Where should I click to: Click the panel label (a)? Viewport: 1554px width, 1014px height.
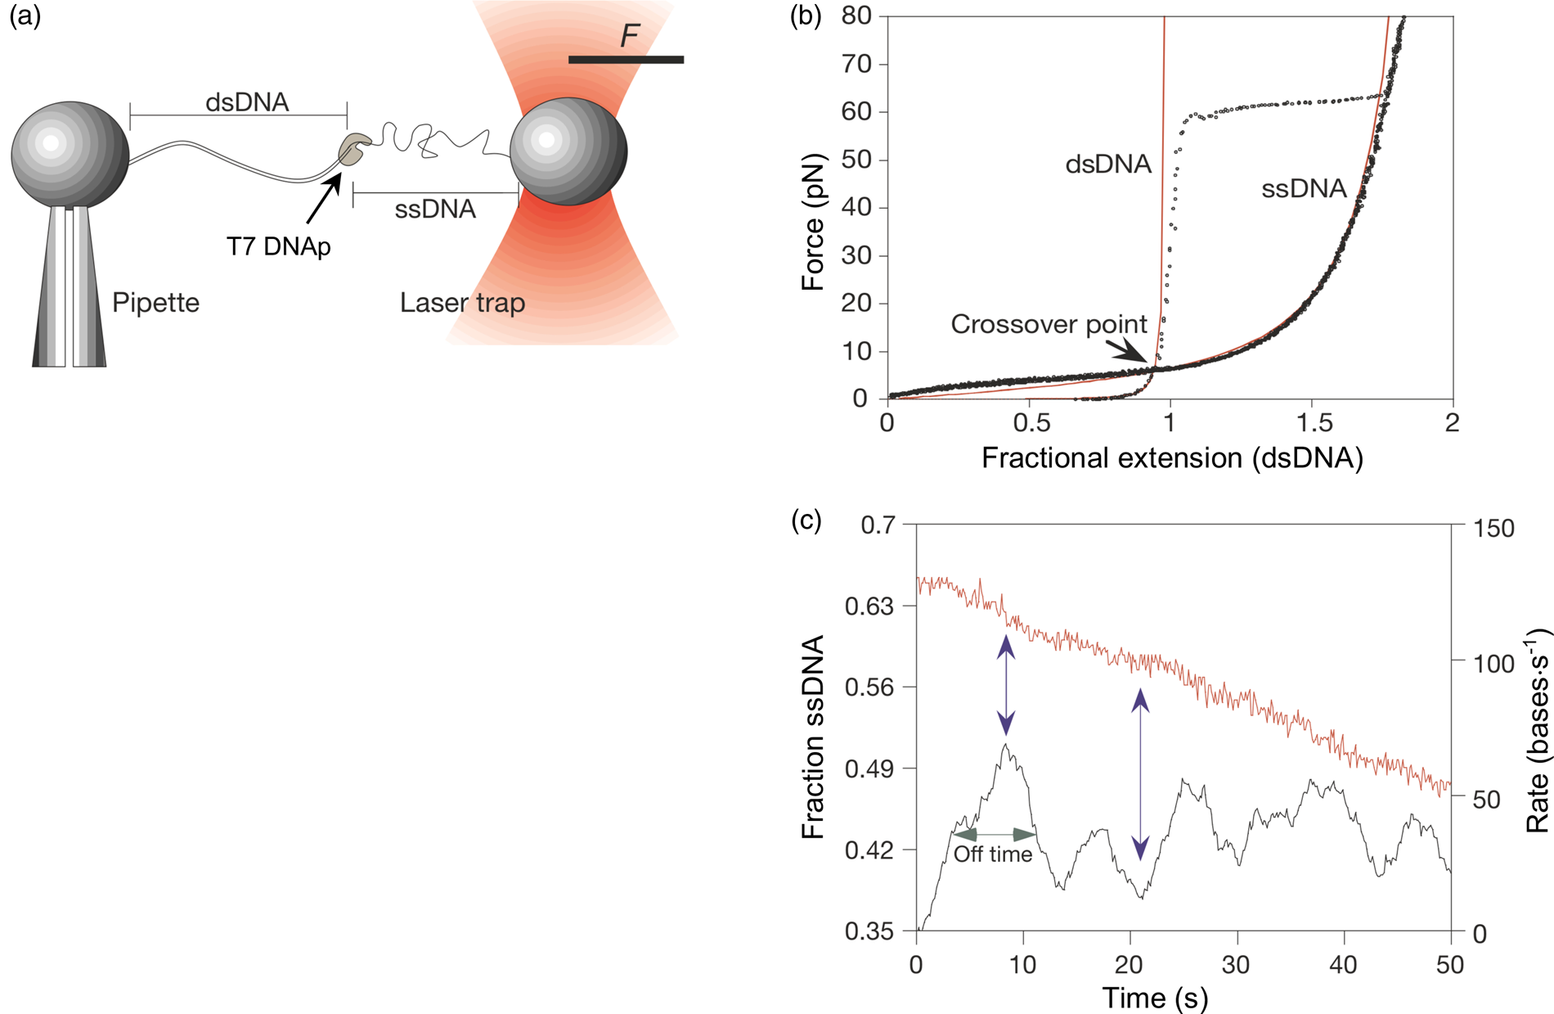tap(25, 16)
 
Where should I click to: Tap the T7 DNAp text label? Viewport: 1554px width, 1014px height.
tap(278, 246)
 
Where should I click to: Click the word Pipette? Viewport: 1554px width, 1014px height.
tap(155, 303)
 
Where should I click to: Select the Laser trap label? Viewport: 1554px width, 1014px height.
tap(462, 303)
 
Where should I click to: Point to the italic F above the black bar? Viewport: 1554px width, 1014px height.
tap(628, 36)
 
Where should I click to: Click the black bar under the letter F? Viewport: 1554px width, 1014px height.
tap(626, 60)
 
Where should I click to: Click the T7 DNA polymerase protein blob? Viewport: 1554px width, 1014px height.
tap(353, 150)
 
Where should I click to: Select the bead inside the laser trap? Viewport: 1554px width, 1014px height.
tap(568, 152)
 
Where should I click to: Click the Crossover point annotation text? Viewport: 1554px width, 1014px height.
tap(1049, 325)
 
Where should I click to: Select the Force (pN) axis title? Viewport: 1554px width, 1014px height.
tap(813, 222)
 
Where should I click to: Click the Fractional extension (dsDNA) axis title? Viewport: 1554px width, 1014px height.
tap(1172, 458)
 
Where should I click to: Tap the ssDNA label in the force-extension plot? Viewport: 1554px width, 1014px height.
tap(1304, 189)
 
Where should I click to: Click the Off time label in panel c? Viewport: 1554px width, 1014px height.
tap(993, 854)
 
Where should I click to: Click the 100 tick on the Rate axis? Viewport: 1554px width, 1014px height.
tap(1493, 663)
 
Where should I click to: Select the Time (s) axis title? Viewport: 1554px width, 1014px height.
tap(1155, 998)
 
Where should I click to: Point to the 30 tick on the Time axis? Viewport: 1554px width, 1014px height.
tap(1236, 965)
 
